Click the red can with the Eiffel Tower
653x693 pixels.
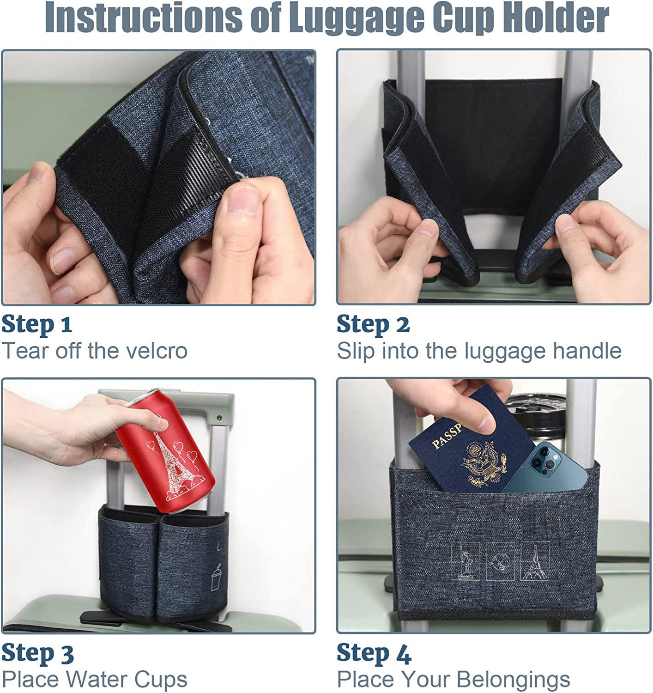[x=165, y=450]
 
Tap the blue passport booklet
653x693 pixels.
[x=471, y=443]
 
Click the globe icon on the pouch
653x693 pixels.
[x=500, y=561]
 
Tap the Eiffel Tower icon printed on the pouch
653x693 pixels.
[x=535, y=561]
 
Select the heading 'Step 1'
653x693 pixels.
[x=36, y=324]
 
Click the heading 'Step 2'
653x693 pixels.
[x=373, y=324]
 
